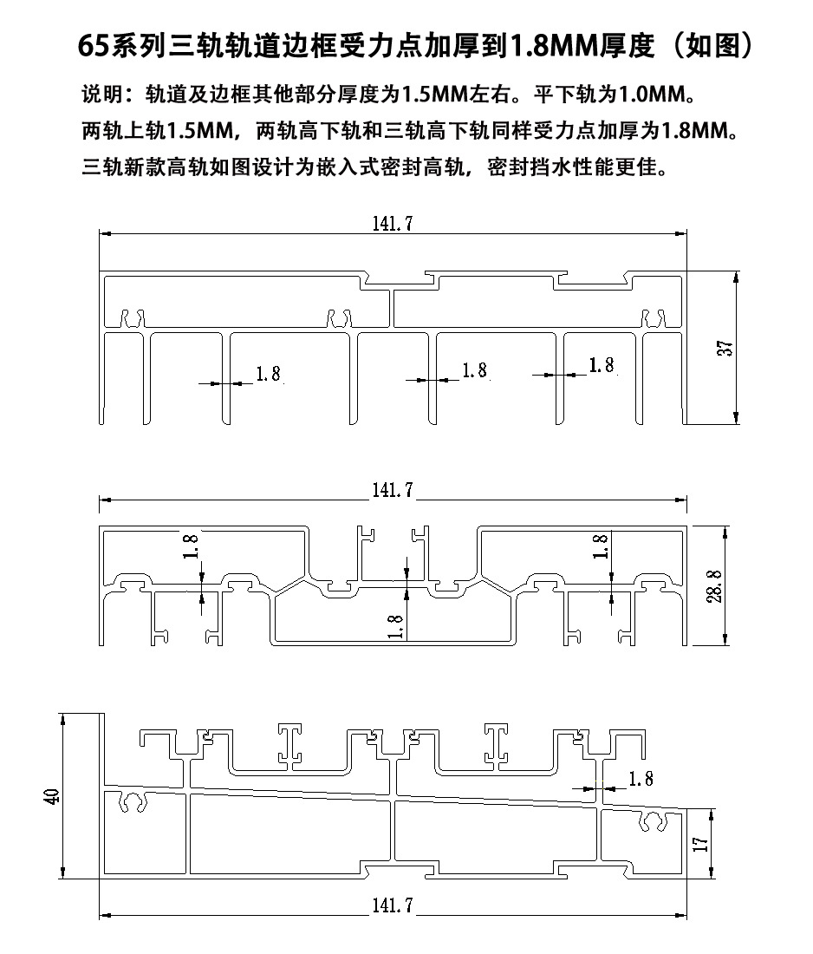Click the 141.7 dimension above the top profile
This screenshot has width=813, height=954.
(x=393, y=223)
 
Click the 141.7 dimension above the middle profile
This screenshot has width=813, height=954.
(x=393, y=490)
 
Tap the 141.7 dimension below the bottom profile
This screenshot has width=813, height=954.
(x=393, y=905)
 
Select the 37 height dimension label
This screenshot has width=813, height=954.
(x=725, y=348)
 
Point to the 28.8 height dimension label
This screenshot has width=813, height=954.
(x=714, y=586)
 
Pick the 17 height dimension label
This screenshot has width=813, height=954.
(x=700, y=843)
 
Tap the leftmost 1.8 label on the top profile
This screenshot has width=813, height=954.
(x=268, y=374)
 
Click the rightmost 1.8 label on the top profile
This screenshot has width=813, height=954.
(x=602, y=365)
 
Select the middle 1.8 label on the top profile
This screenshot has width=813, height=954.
(x=475, y=370)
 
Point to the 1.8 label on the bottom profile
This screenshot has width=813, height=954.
(x=641, y=779)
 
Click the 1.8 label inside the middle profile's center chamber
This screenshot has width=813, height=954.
(x=395, y=627)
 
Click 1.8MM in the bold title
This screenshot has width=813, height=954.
(x=553, y=46)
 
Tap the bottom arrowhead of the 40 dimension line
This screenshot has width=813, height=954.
(x=62, y=872)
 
